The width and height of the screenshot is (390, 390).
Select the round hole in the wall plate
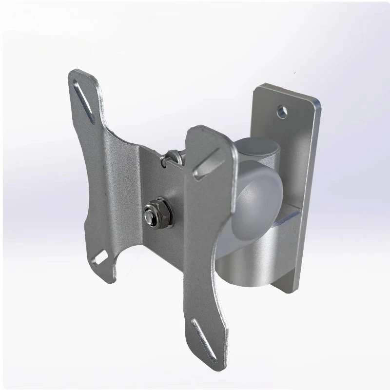[x=281, y=112]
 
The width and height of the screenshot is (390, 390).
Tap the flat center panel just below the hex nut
[x=156, y=244]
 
